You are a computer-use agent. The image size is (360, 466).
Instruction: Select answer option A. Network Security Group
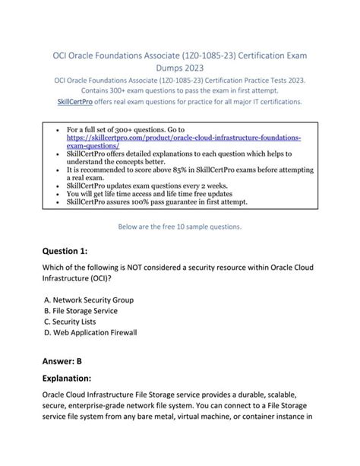coord(89,300)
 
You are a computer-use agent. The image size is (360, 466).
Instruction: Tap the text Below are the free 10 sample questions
coord(180,226)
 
